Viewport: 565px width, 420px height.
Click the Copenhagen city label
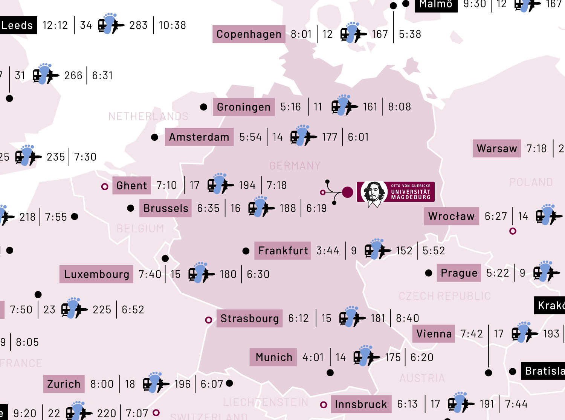click(249, 34)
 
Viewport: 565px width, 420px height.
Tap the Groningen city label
click(243, 107)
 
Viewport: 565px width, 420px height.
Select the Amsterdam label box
click(199, 137)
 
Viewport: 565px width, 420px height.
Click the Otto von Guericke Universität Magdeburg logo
click(395, 192)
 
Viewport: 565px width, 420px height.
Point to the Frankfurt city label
click(282, 251)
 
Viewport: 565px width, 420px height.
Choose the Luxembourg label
click(96, 274)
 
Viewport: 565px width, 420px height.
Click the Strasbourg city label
click(249, 318)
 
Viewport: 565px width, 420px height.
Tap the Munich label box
click(273, 357)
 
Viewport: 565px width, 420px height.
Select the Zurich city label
click(64, 384)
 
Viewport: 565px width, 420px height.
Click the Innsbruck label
click(361, 405)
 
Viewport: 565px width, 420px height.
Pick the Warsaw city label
click(496, 148)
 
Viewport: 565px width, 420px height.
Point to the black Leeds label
click(17, 25)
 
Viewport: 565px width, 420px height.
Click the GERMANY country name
click(295, 166)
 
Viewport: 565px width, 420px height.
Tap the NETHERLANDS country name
click(148, 116)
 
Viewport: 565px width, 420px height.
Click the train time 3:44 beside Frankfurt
click(328, 251)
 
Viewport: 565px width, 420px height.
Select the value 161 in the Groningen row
click(370, 107)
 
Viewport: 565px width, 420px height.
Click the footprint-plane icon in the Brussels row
click(261, 208)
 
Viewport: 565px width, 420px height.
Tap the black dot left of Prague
click(429, 273)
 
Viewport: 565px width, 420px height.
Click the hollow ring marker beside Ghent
click(105, 186)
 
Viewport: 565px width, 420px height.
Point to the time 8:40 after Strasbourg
click(408, 318)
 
